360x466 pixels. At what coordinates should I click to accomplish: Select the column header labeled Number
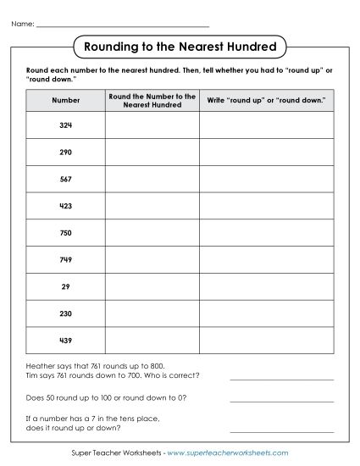click(65, 100)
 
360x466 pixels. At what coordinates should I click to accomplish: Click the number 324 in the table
click(65, 125)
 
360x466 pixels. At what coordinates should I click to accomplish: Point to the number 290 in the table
click(65, 153)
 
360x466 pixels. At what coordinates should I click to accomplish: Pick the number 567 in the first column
click(65, 180)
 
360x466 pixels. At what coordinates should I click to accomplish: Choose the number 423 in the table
click(65, 206)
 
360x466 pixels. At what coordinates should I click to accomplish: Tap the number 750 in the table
click(65, 233)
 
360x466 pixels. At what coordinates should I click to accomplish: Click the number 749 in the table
click(65, 260)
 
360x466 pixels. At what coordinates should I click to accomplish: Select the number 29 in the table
click(65, 287)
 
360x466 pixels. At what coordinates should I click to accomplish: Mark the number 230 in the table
click(65, 313)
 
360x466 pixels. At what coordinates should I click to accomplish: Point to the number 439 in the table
click(65, 341)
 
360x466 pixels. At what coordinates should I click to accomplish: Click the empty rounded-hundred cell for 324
click(152, 125)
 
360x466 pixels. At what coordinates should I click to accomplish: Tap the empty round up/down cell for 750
click(267, 233)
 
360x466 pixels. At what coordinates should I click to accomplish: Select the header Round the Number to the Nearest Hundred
click(152, 100)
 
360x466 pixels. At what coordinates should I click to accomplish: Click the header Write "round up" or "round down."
click(267, 100)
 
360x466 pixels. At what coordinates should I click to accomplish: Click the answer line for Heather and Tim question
click(282, 378)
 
